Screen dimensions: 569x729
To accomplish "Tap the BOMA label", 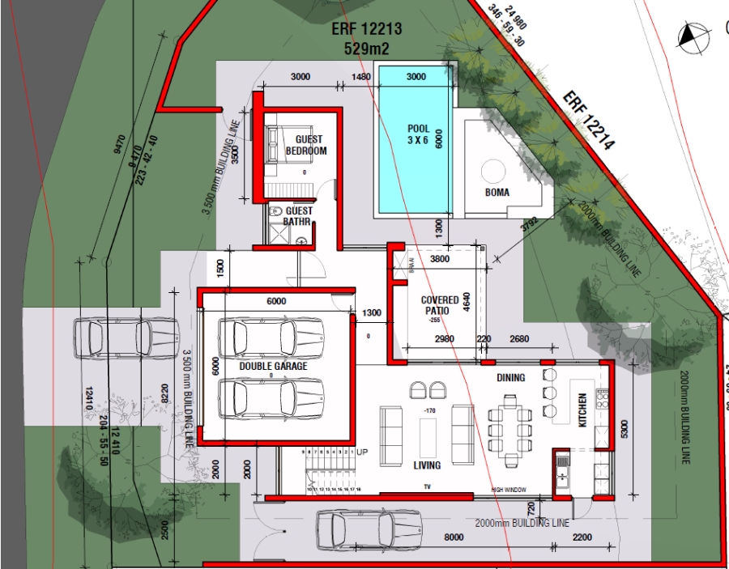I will pos(497,193).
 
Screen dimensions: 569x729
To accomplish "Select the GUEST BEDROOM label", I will pos(306,145).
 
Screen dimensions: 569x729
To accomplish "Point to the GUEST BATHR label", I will pos(297,216).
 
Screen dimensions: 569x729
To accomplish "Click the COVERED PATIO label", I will pos(440,305).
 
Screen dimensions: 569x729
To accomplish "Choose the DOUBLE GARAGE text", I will pos(273,367).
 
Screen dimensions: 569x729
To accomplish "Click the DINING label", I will pos(510,378).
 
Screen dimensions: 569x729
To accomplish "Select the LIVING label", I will pos(427,465).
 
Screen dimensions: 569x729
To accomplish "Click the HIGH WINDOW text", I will pos(508,490).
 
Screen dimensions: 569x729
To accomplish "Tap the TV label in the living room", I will pos(427,487).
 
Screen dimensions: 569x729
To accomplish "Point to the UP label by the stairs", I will pos(362,452).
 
